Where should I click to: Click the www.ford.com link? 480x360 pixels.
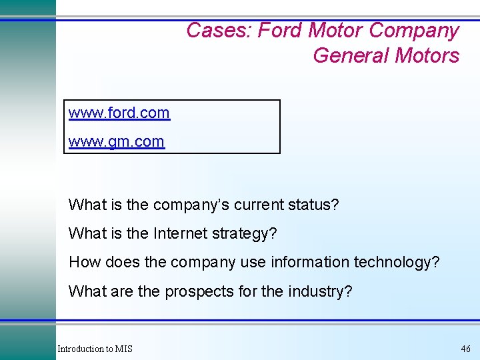(x=119, y=113)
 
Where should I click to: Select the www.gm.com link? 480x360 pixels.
(x=116, y=142)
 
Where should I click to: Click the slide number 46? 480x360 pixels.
(x=465, y=349)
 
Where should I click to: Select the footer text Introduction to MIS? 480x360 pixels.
(x=95, y=349)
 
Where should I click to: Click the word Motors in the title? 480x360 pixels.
(x=427, y=55)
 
